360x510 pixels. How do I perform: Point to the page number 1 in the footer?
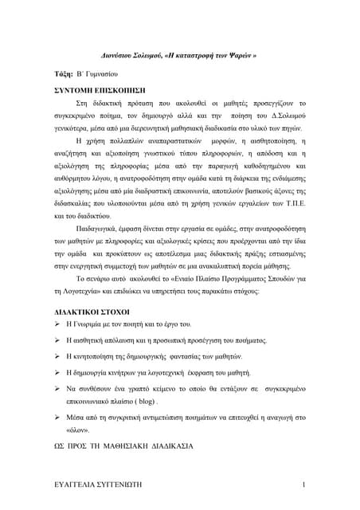tap(304, 485)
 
